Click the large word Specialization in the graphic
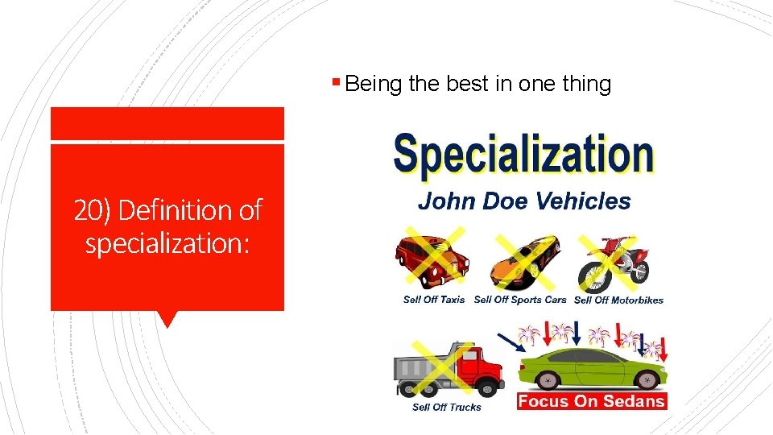click(x=523, y=155)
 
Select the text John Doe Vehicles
click(x=524, y=201)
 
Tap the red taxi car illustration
click(x=432, y=259)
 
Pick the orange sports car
click(x=525, y=262)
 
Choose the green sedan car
click(x=593, y=367)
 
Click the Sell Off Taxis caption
click(x=434, y=300)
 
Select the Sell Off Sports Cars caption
click(x=520, y=300)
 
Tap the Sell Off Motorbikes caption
click(x=618, y=300)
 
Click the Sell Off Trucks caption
click(x=446, y=408)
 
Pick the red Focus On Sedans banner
click(x=592, y=401)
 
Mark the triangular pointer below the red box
click(x=167, y=319)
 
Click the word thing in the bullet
click(x=585, y=84)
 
